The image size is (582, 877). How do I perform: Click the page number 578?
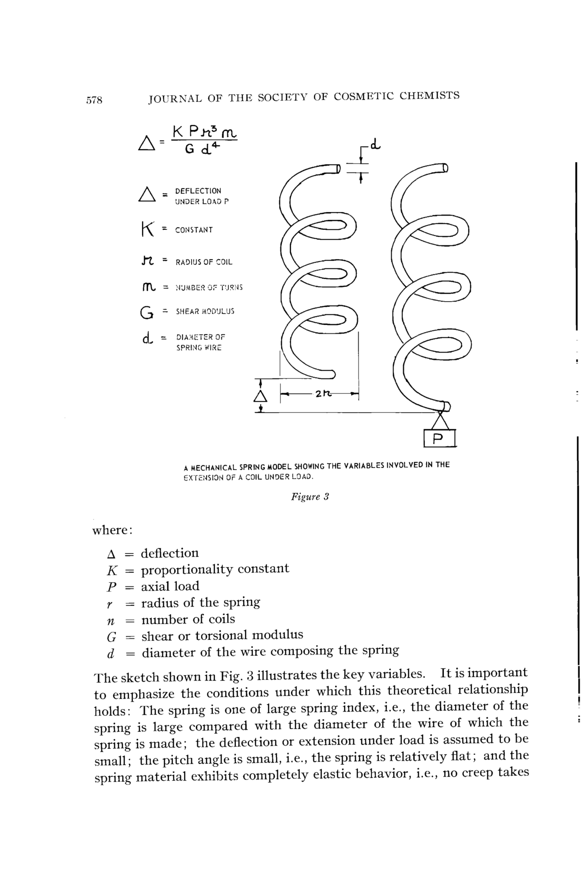(94, 100)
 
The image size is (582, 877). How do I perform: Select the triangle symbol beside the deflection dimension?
(260, 396)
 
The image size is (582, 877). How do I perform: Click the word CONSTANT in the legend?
(194, 230)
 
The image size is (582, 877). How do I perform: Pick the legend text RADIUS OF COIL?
(204, 262)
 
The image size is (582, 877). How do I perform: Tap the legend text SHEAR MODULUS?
(205, 311)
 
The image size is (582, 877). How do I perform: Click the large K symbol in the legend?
(147, 229)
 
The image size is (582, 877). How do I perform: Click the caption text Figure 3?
(310, 497)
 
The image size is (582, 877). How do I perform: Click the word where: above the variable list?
(112, 530)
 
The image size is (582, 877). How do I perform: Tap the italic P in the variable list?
(111, 587)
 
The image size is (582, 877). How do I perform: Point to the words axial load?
(170, 586)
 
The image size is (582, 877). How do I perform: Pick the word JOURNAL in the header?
(175, 99)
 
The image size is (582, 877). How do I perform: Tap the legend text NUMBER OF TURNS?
(209, 288)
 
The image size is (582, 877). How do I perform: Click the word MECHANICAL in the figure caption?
(214, 468)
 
